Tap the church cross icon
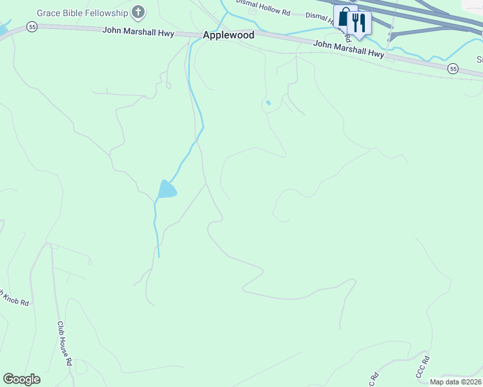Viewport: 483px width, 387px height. point(138,12)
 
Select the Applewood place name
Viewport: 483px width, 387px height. point(229,35)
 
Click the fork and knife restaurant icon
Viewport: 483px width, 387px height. point(358,22)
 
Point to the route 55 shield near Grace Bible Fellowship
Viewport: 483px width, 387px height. point(32,26)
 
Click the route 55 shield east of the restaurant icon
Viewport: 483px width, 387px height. point(453,68)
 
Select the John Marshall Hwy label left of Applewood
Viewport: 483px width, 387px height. point(138,32)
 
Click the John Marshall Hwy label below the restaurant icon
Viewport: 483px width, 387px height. point(349,49)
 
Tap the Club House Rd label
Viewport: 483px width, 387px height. point(64,344)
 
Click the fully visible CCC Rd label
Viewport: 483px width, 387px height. point(422,368)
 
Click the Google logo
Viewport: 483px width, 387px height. point(21,379)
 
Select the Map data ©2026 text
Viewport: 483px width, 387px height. point(456,382)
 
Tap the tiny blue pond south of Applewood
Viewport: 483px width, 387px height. point(268,103)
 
